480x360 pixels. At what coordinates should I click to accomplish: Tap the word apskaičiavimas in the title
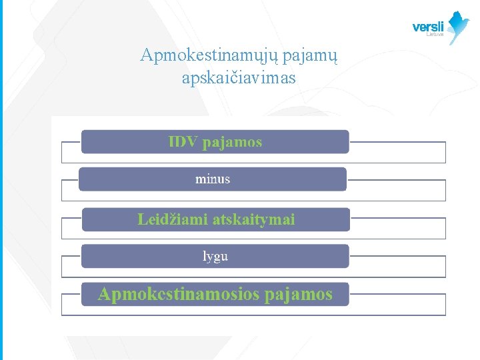point(239,78)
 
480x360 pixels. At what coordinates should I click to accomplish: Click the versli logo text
point(428,27)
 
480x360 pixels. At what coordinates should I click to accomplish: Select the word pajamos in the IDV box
point(232,142)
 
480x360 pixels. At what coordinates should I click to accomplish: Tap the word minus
point(213,179)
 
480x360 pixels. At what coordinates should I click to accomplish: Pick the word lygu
point(215,256)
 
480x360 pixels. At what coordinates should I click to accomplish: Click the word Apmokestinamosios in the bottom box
point(177,294)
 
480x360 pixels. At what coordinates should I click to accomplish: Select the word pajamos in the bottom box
point(298,294)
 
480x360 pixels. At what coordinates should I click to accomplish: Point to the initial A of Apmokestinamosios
point(105,294)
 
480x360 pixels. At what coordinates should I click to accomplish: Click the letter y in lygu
point(209,257)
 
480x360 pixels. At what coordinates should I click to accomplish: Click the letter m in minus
point(200,179)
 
